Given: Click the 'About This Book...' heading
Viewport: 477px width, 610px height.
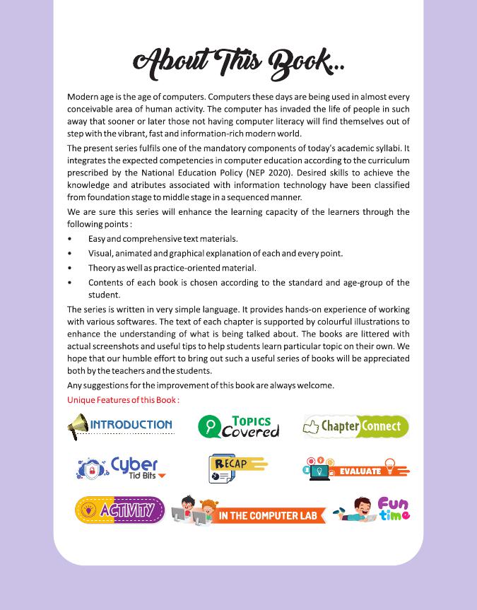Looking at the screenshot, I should pos(238,61).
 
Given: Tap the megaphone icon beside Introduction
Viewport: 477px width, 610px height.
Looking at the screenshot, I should pos(77,427).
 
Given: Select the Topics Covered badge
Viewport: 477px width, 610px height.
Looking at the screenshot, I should pos(238,427).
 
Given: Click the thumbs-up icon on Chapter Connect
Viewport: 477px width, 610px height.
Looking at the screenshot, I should pos(311,427).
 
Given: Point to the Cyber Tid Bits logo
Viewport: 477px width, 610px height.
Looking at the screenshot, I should pos(121,468).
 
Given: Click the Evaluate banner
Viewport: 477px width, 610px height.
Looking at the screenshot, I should pos(357,469).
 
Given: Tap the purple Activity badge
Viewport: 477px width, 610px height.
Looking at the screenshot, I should pos(119,510).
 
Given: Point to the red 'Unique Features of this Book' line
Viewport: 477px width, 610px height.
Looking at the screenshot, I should pos(123,399).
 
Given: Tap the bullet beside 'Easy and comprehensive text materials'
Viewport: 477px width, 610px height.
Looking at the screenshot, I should pos(70,239).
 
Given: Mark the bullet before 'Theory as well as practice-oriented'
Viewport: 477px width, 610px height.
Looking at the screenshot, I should pos(70,268).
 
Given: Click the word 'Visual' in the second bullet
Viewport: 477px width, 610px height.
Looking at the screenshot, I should pos(100,253).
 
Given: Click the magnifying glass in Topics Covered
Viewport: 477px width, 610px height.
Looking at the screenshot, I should pos(210,427).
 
